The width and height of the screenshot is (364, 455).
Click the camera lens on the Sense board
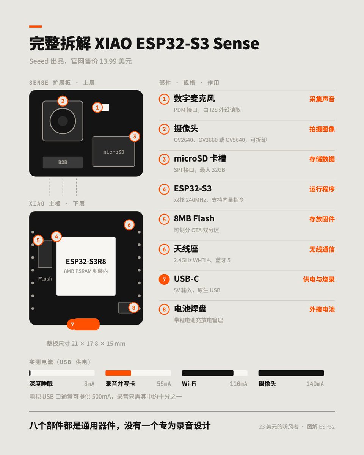63,121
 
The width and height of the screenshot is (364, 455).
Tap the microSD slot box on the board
114,151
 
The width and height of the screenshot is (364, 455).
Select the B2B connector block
63,162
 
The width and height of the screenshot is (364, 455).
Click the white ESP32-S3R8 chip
86,266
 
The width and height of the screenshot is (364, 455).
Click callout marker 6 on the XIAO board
129,225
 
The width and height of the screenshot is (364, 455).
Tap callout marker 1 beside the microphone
97,107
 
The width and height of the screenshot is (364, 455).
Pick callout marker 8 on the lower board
134,308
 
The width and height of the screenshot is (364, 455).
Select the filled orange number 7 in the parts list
164,279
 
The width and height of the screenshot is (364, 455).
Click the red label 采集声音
322,99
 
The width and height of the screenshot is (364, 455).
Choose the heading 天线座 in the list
186,249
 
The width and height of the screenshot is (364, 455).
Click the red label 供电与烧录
319,279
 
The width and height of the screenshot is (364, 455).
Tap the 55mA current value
164,384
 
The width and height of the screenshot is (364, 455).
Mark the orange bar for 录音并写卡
118,373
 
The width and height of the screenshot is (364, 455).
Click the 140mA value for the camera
315,384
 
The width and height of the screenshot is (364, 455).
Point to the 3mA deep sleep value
89,384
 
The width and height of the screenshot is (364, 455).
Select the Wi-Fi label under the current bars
189,384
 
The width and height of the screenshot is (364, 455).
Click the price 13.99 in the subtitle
108,61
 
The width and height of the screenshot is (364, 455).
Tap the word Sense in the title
236,43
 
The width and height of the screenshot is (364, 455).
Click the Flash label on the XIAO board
45,279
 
